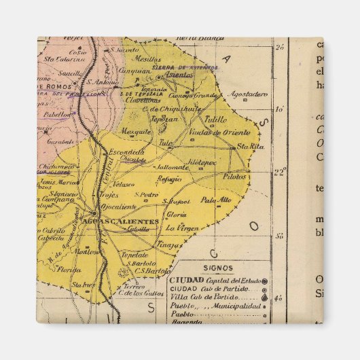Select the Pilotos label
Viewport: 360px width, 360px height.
tap(234, 176)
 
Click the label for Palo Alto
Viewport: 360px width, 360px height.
tap(216, 200)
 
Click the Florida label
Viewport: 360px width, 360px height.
tap(69, 270)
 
